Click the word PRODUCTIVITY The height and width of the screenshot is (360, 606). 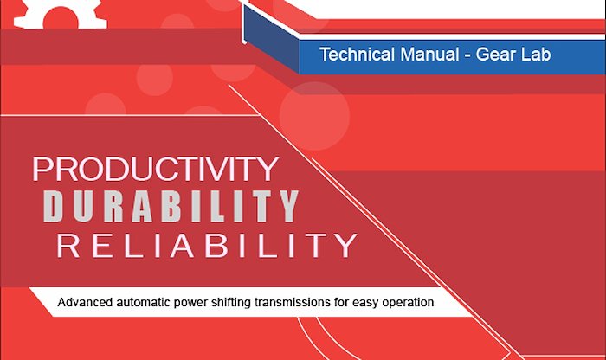coord(155,169)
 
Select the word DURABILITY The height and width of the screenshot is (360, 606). coord(171,206)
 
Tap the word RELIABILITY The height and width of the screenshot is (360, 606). coord(207,245)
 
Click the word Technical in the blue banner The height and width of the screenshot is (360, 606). coord(358,54)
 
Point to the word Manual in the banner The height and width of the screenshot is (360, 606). coord(429,54)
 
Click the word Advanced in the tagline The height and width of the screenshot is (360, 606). coord(85,302)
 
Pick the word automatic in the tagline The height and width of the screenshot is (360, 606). coord(144,302)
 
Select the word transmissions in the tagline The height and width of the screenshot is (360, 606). coord(293,302)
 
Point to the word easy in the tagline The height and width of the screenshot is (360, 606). coord(365,303)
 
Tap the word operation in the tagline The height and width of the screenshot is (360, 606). coord(408,302)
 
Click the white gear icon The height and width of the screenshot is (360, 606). coord(61,14)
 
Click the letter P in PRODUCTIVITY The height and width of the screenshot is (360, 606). coord(42,169)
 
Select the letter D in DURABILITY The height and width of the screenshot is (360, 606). coord(53,206)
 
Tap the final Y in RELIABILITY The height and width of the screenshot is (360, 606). coord(346,245)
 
